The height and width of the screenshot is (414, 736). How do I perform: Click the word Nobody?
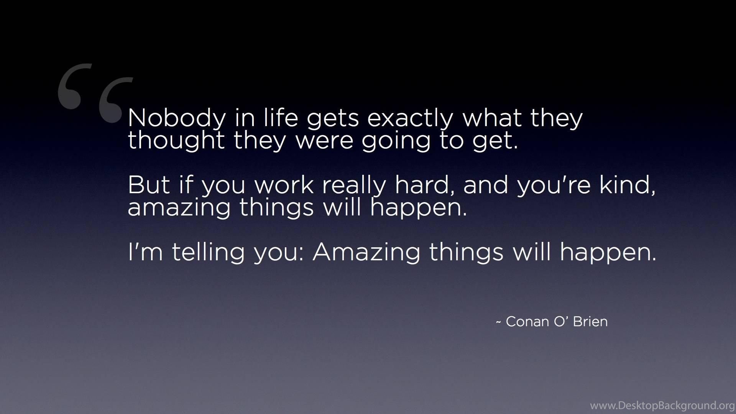pyautogui.click(x=177, y=118)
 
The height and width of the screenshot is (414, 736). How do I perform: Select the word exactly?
pyautogui.click(x=410, y=118)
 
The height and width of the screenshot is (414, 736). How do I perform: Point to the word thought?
pyautogui.click(x=176, y=140)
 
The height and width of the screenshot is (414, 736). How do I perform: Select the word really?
pyautogui.click(x=354, y=186)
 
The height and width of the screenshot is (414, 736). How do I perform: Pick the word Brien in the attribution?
pyautogui.click(x=590, y=322)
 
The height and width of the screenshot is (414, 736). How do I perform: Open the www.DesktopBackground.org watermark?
pyautogui.click(x=662, y=406)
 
